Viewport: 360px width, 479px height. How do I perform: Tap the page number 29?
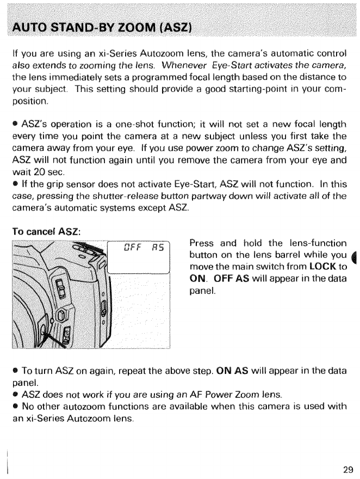point(348,468)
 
